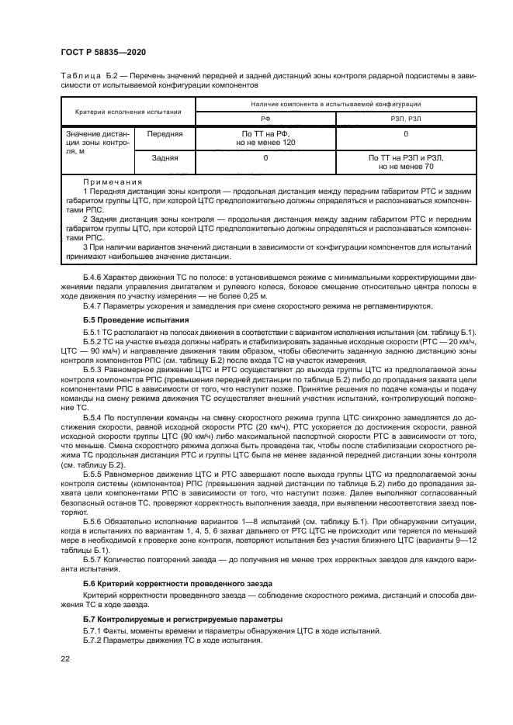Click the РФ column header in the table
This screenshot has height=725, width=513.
pyautogui.click(x=265, y=118)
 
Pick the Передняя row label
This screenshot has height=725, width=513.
pyautogui.click(x=165, y=134)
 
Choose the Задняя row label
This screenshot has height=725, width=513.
pyautogui.click(x=165, y=158)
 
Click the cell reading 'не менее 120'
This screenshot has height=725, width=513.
pyautogui.click(x=265, y=143)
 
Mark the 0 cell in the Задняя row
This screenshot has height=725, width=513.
pyautogui.click(x=265, y=158)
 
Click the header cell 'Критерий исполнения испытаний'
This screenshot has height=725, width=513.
pyautogui.click(x=127, y=111)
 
